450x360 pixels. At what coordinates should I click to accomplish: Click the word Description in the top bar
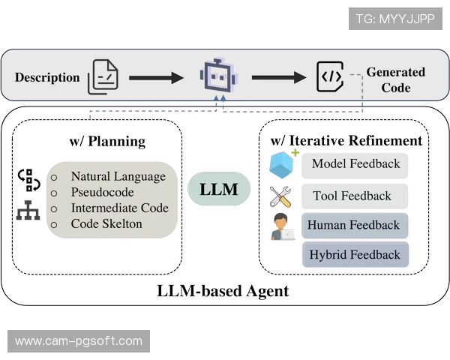tap(47, 77)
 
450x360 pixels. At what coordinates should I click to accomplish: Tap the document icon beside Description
tap(103, 77)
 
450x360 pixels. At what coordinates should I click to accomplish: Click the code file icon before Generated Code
tap(330, 76)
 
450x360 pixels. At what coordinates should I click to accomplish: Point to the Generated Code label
tap(395, 79)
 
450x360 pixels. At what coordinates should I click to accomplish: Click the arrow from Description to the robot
tap(156, 77)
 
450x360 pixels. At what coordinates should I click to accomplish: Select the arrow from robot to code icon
tap(279, 77)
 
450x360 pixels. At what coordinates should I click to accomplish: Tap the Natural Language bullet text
tap(118, 176)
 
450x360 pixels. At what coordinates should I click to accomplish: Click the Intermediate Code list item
tap(119, 208)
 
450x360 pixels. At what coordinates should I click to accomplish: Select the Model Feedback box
tap(355, 164)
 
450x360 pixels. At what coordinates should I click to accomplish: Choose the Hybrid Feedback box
tap(355, 255)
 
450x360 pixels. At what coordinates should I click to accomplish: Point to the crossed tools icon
tap(280, 196)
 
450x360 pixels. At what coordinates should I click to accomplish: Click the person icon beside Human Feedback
tap(282, 226)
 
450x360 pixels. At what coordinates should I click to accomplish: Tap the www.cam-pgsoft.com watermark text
tap(78, 341)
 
